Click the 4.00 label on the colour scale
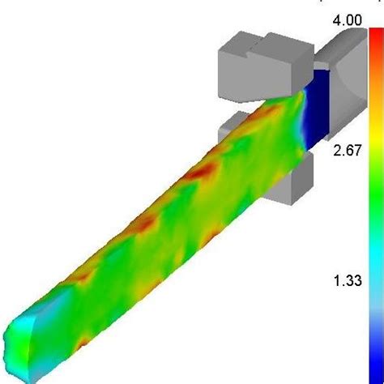pos(348,21)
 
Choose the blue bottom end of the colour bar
pos(375,356)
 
